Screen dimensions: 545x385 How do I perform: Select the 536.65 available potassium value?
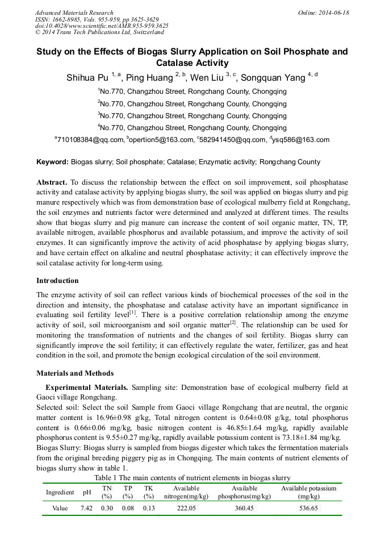point(308,508)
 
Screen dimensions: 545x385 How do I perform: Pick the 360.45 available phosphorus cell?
point(244,508)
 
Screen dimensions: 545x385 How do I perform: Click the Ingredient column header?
point(60,492)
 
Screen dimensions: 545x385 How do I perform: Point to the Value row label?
point(60,508)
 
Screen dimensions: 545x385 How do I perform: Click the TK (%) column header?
point(148,492)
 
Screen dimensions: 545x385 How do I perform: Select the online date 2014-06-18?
point(336,13)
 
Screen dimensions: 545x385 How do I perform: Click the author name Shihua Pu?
point(87,77)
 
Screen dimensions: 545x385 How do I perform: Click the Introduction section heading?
point(57,281)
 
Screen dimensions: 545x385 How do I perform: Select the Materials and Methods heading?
point(75,373)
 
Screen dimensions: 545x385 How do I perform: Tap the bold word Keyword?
point(52,162)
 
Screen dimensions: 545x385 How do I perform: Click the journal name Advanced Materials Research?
point(74,13)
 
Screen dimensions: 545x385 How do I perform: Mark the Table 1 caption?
point(192,478)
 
